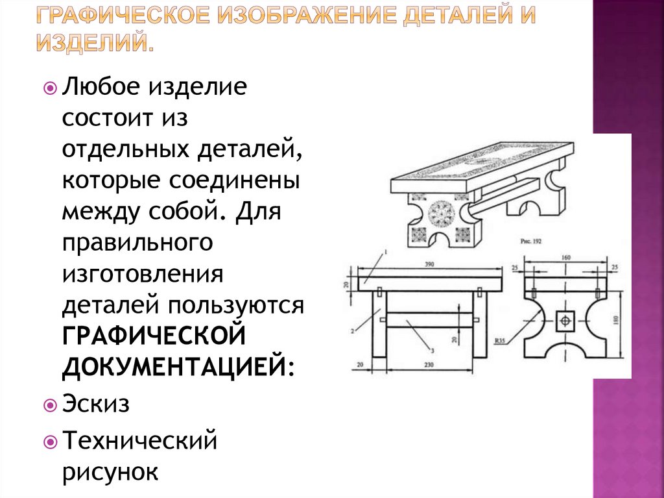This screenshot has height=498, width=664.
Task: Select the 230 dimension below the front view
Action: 429,365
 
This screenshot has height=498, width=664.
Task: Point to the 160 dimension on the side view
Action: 566,257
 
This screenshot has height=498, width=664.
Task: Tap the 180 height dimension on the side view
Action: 616,319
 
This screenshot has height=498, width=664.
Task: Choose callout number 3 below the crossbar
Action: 432,351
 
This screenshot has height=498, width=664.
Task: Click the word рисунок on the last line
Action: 110,471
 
